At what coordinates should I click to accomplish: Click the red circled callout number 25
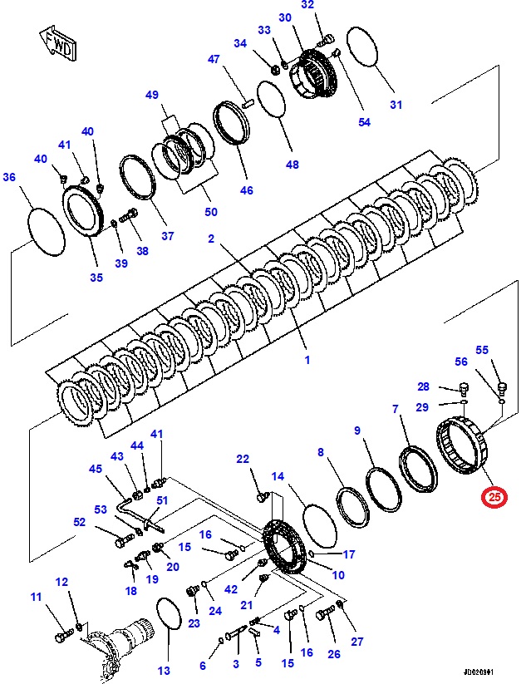coord(495,498)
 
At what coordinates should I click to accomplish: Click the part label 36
coord(9,176)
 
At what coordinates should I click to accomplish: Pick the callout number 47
coord(214,60)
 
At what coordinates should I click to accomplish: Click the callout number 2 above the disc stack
coord(211,239)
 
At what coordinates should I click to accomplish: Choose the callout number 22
coord(243,460)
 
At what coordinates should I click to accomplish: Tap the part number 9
coord(357,431)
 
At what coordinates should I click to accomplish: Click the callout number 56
coord(461,362)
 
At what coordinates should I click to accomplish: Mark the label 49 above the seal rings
coord(151,96)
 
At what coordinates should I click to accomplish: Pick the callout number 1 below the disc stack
coord(307,361)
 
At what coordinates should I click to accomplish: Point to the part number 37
coord(168,236)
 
